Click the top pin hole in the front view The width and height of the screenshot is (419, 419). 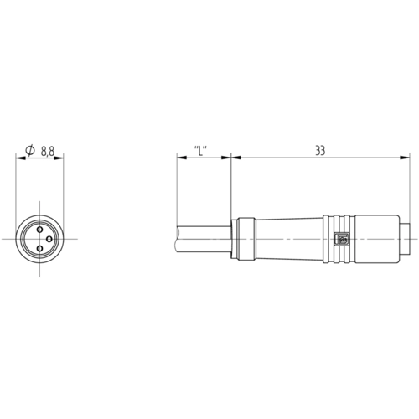(x=40, y=230)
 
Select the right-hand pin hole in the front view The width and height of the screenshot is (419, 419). (x=49, y=239)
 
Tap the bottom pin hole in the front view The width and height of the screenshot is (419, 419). (x=40, y=248)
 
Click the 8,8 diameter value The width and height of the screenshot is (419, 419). (x=48, y=152)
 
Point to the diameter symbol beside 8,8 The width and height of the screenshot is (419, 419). (x=30, y=150)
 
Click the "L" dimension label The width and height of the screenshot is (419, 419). (x=200, y=151)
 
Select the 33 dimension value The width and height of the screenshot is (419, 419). (x=320, y=151)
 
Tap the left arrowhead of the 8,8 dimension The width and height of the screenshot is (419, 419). (x=21, y=158)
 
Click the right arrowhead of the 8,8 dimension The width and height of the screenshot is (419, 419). (x=59, y=158)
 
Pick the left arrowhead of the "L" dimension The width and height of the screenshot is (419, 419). (x=182, y=158)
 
